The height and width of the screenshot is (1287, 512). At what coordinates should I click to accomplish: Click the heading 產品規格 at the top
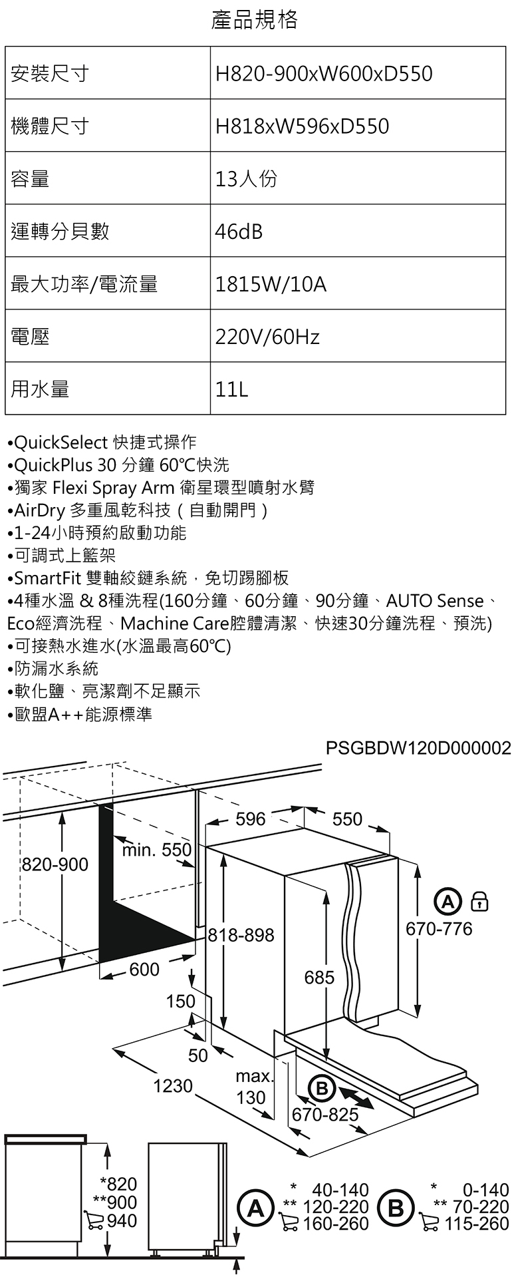[x=255, y=20]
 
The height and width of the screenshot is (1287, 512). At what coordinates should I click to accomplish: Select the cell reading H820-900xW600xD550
[x=324, y=73]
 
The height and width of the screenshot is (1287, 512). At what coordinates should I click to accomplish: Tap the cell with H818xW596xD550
[x=302, y=126]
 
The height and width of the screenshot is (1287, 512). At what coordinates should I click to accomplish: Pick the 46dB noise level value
[x=239, y=232]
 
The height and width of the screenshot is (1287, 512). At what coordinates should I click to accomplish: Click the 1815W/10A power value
[x=271, y=284]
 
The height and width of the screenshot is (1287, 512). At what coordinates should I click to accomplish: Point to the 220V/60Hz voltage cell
[x=267, y=337]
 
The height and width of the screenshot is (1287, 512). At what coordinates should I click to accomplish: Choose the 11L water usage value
[x=231, y=389]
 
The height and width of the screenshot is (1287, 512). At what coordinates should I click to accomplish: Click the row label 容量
[x=30, y=178]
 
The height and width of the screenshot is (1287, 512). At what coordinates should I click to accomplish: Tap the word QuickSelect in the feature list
[x=61, y=442]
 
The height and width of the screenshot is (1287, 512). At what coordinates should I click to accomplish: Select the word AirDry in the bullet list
[x=40, y=510]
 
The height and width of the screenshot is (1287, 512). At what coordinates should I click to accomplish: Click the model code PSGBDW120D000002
[x=418, y=748]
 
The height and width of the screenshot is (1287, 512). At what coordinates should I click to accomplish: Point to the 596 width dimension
[x=251, y=819]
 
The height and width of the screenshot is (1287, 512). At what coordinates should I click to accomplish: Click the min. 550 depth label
[x=157, y=850]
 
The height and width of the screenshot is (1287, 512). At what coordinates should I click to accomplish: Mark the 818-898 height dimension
[x=241, y=936]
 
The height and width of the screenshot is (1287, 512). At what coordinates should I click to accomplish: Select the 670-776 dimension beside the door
[x=439, y=928]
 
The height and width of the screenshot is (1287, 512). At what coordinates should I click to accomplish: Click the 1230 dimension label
[x=172, y=1086]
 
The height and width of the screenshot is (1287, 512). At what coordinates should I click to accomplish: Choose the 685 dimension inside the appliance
[x=319, y=977]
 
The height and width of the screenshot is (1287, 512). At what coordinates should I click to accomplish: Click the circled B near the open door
[x=321, y=1089]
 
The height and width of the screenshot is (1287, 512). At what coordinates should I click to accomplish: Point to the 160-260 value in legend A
[x=335, y=1223]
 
